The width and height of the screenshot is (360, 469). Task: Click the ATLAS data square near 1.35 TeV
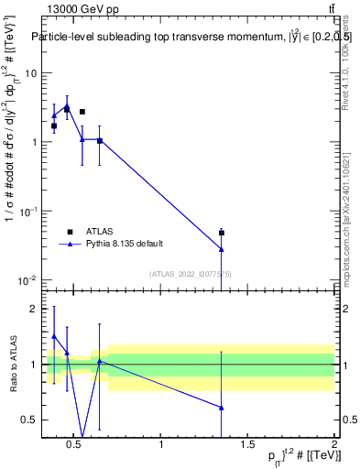click(222, 233)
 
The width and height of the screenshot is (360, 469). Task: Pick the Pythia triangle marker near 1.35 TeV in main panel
click(222, 249)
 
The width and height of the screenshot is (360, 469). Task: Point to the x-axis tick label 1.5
click(247, 446)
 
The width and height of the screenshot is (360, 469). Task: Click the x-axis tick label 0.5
click(75, 446)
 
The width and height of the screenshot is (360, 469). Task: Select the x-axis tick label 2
click(333, 446)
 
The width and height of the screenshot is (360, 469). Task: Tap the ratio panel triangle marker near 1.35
click(222, 408)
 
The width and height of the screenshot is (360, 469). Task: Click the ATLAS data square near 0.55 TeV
click(82, 112)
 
